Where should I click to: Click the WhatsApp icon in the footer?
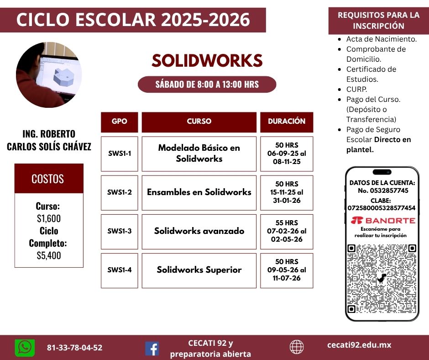25,348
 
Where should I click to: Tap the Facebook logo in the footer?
152,349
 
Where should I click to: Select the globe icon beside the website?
297,347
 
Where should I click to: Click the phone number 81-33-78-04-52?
75,348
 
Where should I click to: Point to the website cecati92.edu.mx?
359,345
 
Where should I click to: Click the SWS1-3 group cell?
120,232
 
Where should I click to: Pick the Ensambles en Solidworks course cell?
199,193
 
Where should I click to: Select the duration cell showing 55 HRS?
287,232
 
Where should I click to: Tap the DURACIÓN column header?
287,122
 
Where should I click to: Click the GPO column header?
120,122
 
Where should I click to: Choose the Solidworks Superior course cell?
199,270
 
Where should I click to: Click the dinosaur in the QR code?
382,278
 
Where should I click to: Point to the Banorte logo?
383,220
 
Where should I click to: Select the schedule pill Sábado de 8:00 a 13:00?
207,85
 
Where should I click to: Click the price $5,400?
49,256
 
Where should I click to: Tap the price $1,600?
49,219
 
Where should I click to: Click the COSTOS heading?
48,179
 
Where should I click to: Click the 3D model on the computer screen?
64,76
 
